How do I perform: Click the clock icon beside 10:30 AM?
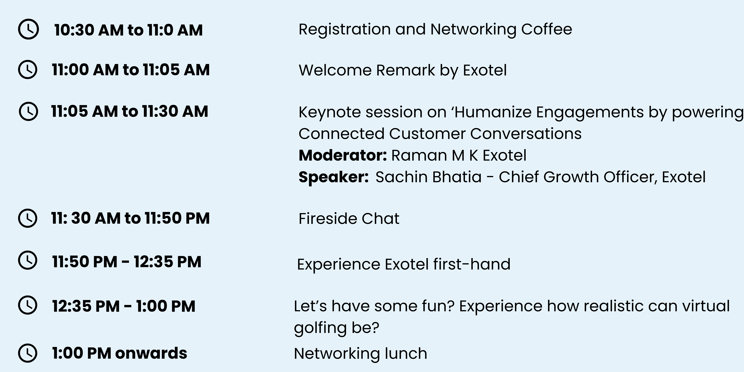pyautogui.click(x=28, y=29)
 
